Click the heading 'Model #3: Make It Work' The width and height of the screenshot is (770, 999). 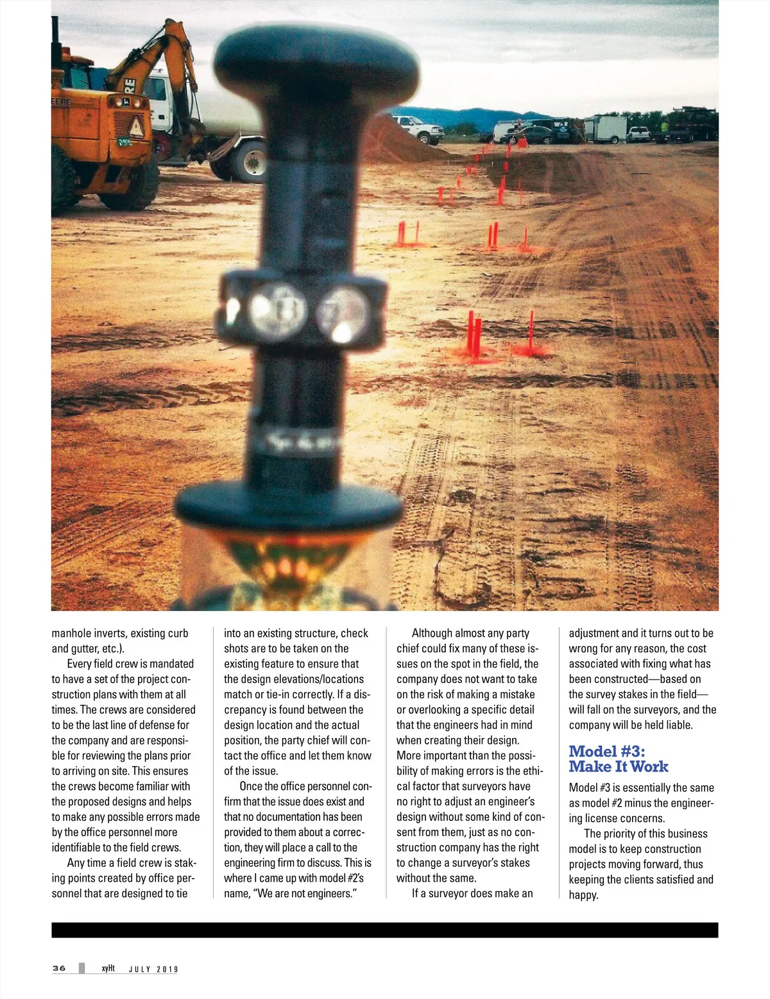click(618, 759)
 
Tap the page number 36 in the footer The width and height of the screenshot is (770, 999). click(59, 968)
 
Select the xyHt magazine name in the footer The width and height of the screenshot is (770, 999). click(108, 968)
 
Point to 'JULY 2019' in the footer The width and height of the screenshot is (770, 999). click(153, 970)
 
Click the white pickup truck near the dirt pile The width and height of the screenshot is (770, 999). click(418, 128)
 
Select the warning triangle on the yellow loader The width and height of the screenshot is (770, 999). click(137, 128)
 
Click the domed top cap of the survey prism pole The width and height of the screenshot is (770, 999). click(316, 56)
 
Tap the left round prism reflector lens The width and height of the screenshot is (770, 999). click(277, 310)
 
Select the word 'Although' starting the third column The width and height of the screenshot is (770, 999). click(432, 634)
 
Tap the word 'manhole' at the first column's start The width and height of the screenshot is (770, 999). click(71, 634)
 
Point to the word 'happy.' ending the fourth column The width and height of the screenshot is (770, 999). click(583, 895)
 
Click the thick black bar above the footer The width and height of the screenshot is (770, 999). click(385, 930)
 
